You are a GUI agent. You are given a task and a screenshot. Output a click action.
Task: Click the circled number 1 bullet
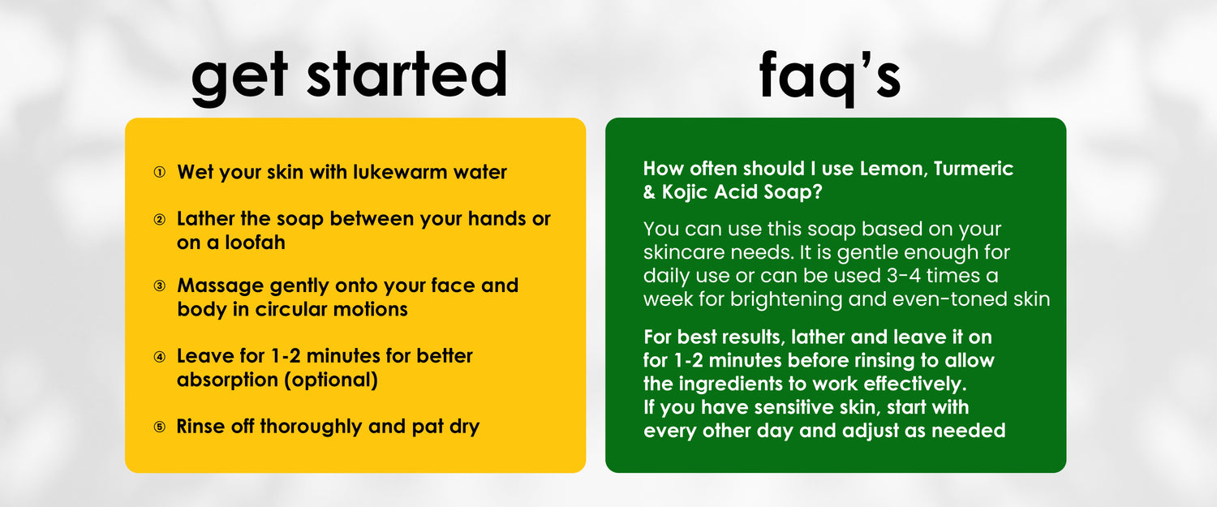pos(159,172)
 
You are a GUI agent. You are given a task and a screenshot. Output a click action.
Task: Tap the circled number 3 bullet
pos(159,286)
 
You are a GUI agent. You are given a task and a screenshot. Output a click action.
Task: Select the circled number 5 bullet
pos(159,427)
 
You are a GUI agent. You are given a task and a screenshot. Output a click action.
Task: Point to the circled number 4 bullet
pos(159,356)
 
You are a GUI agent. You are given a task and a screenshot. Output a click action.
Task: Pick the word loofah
pos(255,243)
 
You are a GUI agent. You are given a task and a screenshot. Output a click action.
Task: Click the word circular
pos(290,309)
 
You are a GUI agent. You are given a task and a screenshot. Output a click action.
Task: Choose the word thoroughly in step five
pos(310,428)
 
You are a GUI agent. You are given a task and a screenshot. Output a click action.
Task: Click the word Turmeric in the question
pos(973,169)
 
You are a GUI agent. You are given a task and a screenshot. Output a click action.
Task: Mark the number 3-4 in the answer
pos(904,276)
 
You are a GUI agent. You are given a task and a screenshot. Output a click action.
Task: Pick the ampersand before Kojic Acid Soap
pos(650,192)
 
